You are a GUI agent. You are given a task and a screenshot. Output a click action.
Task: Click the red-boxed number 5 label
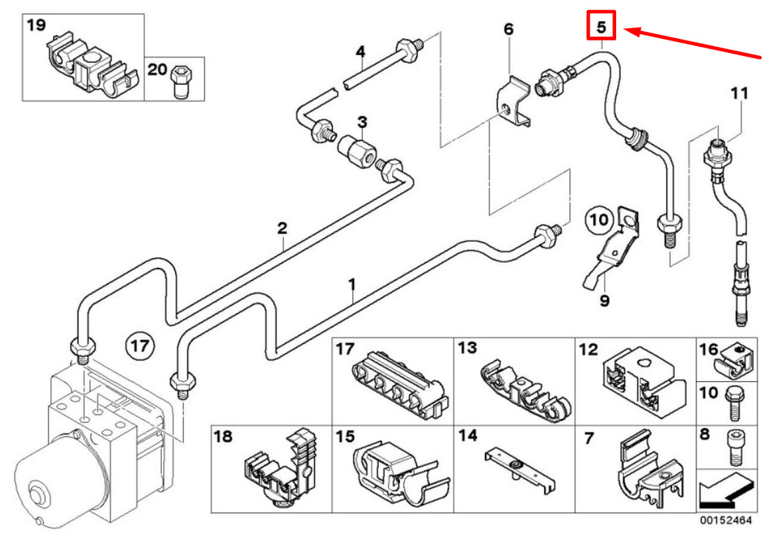coord(601,26)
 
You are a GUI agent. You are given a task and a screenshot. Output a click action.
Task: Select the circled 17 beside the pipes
coord(142,343)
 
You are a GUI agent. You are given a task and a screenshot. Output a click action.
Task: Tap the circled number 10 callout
coord(599,221)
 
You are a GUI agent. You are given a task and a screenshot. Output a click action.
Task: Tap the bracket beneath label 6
coord(514,101)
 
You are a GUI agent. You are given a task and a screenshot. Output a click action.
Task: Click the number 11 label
coord(738,93)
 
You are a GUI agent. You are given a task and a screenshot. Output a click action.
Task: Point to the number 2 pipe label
coord(282,228)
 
